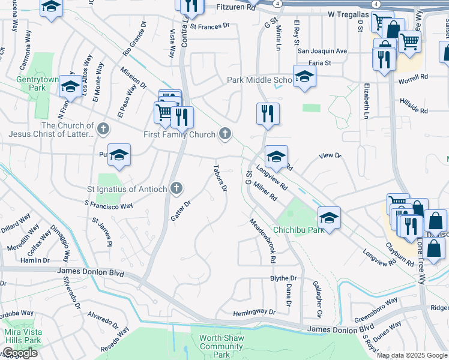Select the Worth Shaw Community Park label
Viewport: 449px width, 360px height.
[x=221, y=346]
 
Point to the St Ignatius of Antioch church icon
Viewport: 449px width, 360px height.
[x=176, y=189]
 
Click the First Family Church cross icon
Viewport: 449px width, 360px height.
[x=225, y=134]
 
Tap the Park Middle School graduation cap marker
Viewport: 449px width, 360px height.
[x=304, y=76]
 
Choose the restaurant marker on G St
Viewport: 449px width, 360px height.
[x=268, y=113]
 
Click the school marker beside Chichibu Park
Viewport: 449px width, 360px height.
[x=329, y=217]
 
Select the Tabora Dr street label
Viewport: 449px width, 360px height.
[x=220, y=178]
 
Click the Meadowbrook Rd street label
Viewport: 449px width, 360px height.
[x=263, y=241]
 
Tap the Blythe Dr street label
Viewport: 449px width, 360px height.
[x=283, y=278]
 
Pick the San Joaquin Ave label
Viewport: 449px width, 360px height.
[x=323, y=51]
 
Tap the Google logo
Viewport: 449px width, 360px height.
[x=19, y=353]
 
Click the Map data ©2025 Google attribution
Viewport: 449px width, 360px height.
[x=412, y=355]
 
